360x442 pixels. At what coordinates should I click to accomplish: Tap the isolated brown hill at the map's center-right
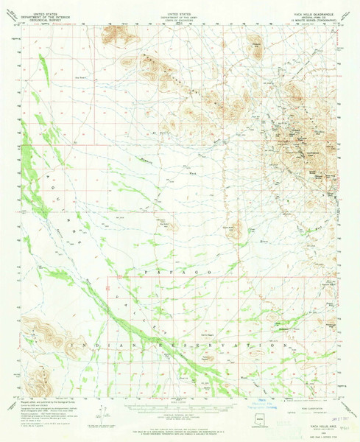point(236,230)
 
